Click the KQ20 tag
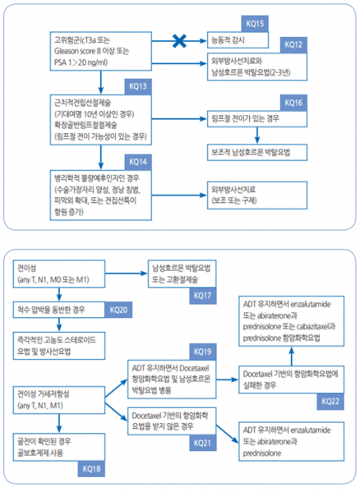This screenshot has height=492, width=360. [119, 310]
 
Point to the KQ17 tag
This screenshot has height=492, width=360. [203, 292]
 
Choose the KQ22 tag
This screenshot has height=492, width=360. [329, 399]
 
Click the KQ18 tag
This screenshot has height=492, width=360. [90, 469]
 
